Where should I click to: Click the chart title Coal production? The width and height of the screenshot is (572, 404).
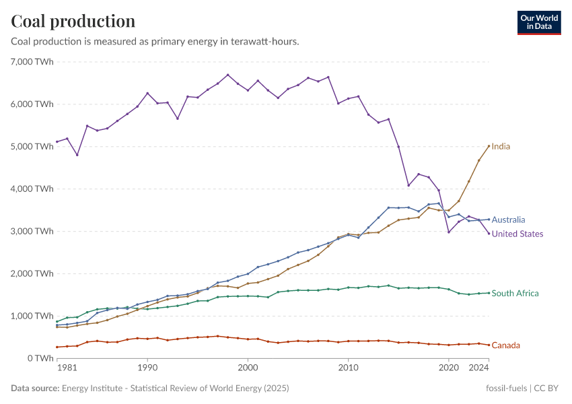click(73, 21)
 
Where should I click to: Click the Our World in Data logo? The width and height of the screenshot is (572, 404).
click(539, 22)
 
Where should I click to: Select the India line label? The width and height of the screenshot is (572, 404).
click(501, 146)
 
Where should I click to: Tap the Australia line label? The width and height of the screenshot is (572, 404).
click(508, 220)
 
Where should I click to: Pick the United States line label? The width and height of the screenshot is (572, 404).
click(517, 234)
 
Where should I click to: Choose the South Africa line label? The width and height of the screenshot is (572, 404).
click(515, 293)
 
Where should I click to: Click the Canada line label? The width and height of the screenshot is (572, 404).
click(505, 345)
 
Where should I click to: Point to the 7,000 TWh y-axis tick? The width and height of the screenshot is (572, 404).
click(32, 61)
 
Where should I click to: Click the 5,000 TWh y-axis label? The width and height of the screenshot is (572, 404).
click(32, 146)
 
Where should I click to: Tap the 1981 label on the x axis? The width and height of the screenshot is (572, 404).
click(67, 368)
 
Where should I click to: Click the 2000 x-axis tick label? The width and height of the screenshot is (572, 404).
click(248, 368)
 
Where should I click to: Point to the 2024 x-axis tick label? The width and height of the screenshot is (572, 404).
click(478, 368)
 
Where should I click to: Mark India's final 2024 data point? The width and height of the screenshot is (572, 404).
click(489, 146)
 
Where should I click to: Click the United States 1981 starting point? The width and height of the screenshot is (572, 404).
click(57, 141)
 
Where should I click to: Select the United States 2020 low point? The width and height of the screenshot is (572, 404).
click(449, 232)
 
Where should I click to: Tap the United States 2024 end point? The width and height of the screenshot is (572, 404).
click(489, 233)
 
